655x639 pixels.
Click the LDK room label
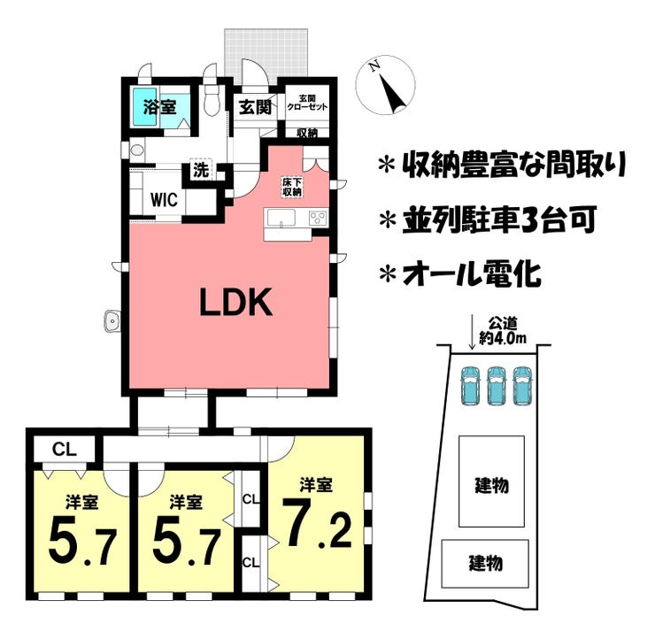pyautogui.click(x=236, y=302)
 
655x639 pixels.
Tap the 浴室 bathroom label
pyautogui.click(x=159, y=107)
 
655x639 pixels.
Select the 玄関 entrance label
pyautogui.click(x=255, y=107)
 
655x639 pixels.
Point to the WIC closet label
pyautogui.click(x=164, y=200)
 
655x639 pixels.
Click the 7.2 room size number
pyautogui.click(x=317, y=523)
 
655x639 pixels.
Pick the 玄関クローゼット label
pyautogui.click(x=307, y=103)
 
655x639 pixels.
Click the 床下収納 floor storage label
pyautogui.click(x=292, y=187)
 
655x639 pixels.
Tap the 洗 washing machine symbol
pyautogui.click(x=201, y=170)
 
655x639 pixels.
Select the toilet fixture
pyautogui.click(x=212, y=101)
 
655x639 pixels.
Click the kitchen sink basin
pyautogui.click(x=281, y=218)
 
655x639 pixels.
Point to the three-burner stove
pyautogui.click(x=319, y=218)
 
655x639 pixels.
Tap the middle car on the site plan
pyautogui.click(x=496, y=385)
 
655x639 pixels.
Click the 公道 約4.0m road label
pyautogui.click(x=503, y=330)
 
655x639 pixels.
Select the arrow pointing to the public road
pyautogui.click(x=472, y=333)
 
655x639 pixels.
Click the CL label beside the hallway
pyautogui.click(x=65, y=449)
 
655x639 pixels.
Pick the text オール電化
pyautogui.click(x=472, y=274)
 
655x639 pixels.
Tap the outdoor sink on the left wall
pyautogui.click(x=112, y=320)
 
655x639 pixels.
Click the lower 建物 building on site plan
pyautogui.click(x=485, y=564)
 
